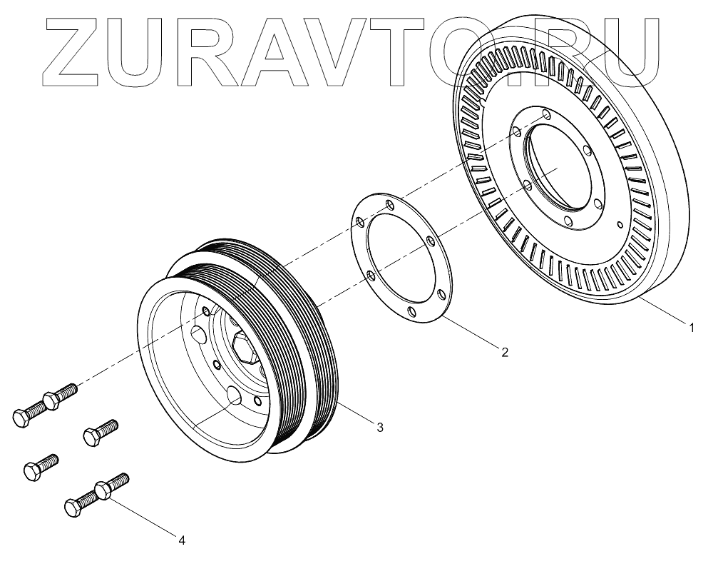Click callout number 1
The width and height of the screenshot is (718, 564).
pyautogui.click(x=690, y=328)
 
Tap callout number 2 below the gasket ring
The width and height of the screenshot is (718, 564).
pyautogui.click(x=504, y=351)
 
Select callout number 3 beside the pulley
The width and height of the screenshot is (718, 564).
pyautogui.click(x=379, y=427)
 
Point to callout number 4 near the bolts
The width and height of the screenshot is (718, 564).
pyautogui.click(x=182, y=540)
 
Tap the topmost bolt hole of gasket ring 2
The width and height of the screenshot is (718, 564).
pyautogui.click(x=389, y=206)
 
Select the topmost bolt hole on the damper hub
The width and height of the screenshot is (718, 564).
pyautogui.click(x=545, y=114)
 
